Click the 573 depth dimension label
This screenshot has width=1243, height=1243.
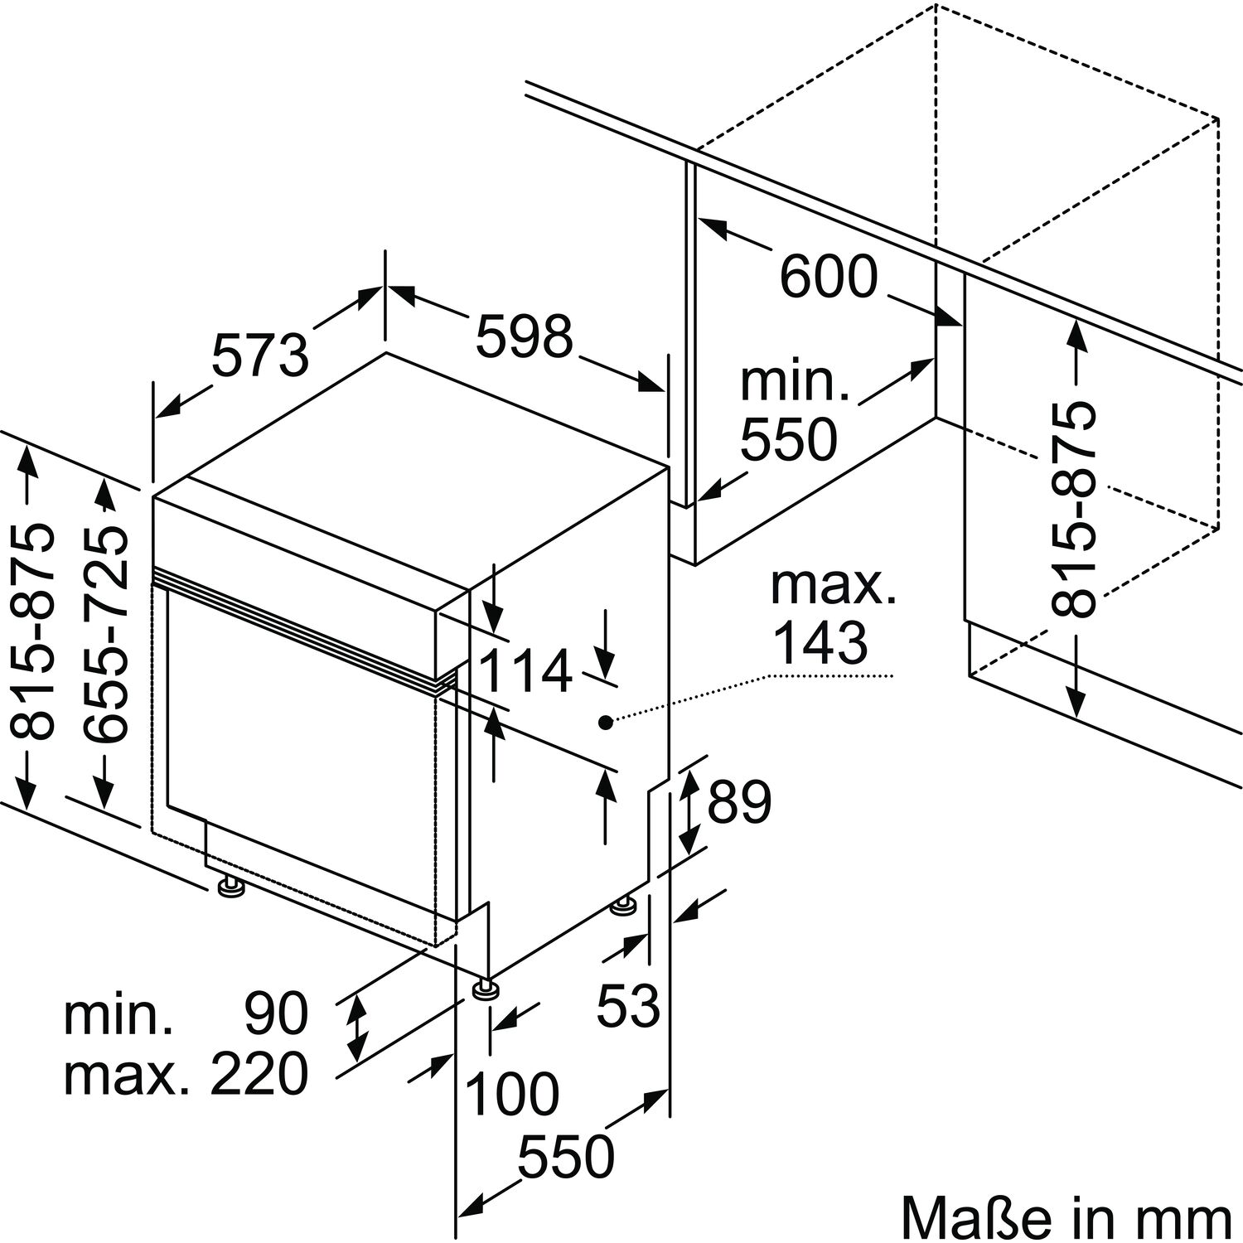260,355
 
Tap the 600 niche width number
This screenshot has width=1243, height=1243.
828,277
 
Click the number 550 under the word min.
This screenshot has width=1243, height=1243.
788,439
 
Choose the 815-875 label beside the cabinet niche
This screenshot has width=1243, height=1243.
1073,509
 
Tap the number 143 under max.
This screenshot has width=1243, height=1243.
820,642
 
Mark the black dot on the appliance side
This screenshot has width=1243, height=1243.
606,723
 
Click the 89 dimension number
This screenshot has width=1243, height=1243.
739,801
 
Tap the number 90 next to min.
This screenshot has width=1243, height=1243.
276,1013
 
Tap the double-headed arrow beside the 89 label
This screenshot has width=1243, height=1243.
688,811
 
